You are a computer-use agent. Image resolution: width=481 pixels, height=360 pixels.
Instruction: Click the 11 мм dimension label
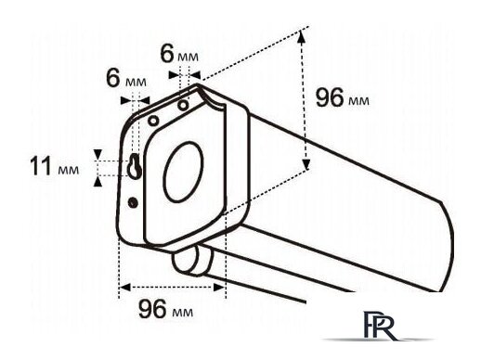(54, 166)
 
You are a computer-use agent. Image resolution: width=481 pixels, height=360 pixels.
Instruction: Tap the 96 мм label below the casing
(165, 309)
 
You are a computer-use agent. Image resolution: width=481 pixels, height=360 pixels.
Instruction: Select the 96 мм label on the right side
(343, 97)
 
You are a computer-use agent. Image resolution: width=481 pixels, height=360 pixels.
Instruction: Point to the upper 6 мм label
(179, 55)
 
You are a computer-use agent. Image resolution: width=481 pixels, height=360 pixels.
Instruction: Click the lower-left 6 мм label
(126, 79)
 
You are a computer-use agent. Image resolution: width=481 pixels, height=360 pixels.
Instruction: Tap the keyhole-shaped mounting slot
(135, 165)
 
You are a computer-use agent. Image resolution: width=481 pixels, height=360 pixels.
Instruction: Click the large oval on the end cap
(183, 172)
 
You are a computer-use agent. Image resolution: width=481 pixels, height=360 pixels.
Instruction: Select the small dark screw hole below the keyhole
(133, 202)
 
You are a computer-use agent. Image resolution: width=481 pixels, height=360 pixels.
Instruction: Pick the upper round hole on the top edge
(183, 105)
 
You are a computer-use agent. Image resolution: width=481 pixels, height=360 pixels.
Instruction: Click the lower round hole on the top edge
(153, 121)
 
